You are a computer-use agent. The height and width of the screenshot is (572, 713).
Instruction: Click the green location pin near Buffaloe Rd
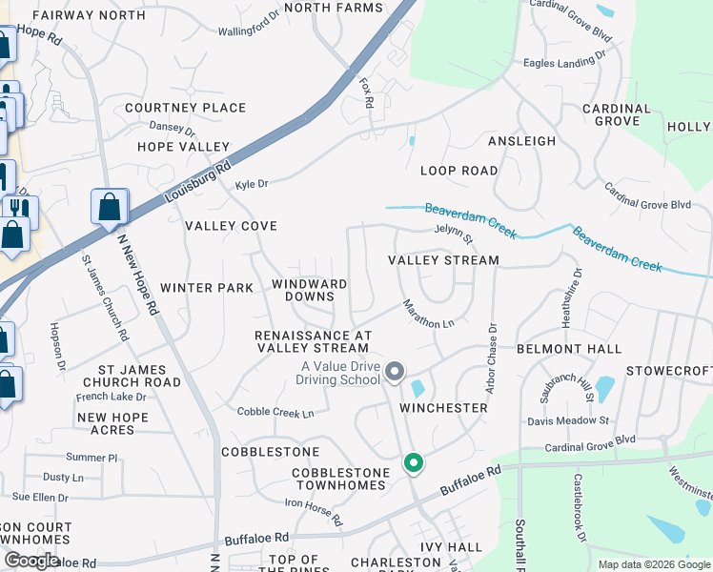[413, 463]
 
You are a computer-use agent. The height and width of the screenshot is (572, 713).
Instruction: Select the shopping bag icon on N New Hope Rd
[110, 207]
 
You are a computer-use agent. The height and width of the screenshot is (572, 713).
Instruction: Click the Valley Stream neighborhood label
[443, 260]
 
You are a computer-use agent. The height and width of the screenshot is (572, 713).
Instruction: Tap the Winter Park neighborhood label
[207, 288]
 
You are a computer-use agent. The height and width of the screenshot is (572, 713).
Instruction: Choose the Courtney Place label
[185, 108]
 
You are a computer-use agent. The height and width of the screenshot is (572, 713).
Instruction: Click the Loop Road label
[459, 171]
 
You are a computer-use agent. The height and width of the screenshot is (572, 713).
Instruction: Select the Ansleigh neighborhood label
[521, 141]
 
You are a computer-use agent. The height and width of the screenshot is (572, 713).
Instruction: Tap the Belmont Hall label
[569, 350]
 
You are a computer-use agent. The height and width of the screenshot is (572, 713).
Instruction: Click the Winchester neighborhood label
[443, 408]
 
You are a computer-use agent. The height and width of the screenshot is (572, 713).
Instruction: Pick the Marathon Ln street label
[427, 315]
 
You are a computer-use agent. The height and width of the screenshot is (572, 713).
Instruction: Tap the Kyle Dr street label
[252, 183]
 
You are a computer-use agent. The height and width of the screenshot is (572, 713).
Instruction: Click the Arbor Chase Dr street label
[492, 359]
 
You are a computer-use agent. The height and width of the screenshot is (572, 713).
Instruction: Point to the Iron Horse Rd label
[313, 511]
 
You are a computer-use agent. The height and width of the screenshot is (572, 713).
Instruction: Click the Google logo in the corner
[31, 561]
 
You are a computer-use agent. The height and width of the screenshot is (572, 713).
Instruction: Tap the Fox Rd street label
[363, 91]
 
